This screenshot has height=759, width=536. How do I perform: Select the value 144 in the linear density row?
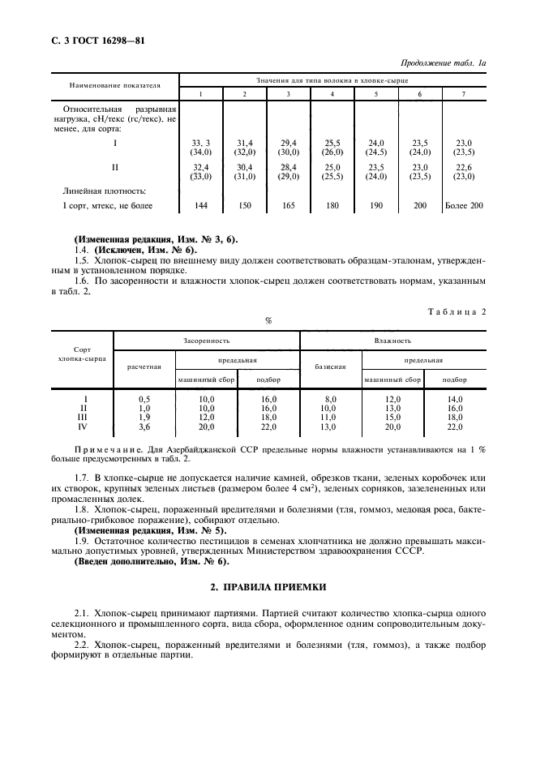tap(202, 206)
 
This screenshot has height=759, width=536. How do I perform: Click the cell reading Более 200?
tap(464, 206)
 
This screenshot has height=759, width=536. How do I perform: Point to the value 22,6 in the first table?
tap(464, 168)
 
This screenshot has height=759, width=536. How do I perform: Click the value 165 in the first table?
tap(288, 206)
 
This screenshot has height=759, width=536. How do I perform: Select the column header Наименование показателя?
tap(114, 84)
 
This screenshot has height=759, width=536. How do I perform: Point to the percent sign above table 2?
tap(268, 319)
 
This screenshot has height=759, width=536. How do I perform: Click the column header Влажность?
tap(393, 341)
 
